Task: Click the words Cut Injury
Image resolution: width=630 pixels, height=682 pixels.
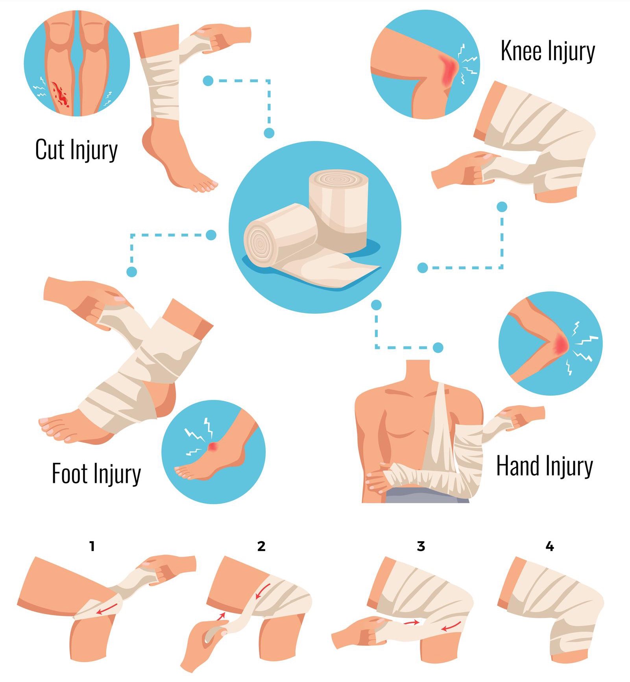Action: coord(76,149)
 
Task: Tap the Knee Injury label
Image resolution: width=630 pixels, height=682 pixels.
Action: coord(548,51)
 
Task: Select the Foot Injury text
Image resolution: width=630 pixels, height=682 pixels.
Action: coord(96,474)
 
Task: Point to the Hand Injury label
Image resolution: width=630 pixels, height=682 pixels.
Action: coord(545,466)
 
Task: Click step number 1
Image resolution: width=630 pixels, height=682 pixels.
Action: coord(92,546)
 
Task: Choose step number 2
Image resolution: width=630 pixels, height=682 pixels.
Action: coord(261,546)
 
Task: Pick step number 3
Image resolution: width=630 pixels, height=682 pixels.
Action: coord(421,546)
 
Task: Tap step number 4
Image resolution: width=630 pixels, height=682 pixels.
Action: coord(550,546)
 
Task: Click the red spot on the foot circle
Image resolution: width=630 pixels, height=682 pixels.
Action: coord(213,446)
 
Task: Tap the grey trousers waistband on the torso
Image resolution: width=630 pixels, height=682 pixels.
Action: coord(427,498)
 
